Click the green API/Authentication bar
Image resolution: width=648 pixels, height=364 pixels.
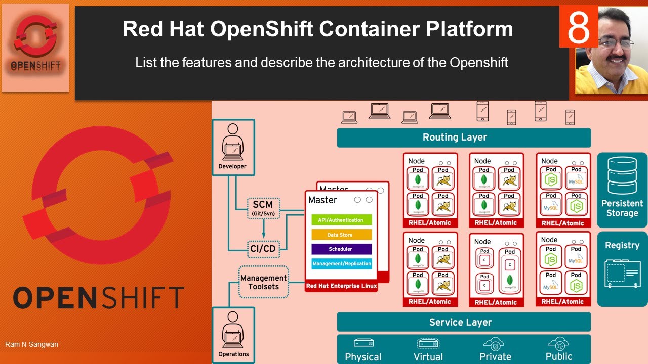tap(341, 220)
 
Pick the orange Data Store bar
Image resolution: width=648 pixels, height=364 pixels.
tap(341, 235)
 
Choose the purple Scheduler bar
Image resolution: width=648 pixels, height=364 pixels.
tap(341, 249)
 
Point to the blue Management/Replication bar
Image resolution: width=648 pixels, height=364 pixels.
tap(341, 263)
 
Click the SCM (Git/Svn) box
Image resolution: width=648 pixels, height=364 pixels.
tap(262, 208)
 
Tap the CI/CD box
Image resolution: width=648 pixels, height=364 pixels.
tap(262, 248)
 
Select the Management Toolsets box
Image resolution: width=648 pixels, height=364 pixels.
tap(263, 282)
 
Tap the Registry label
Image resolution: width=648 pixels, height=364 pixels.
tap(622, 245)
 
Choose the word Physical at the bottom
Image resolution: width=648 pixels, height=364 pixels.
tap(363, 357)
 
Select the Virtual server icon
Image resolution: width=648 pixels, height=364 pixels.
tap(428, 344)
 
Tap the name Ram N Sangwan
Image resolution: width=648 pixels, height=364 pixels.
tap(31, 344)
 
